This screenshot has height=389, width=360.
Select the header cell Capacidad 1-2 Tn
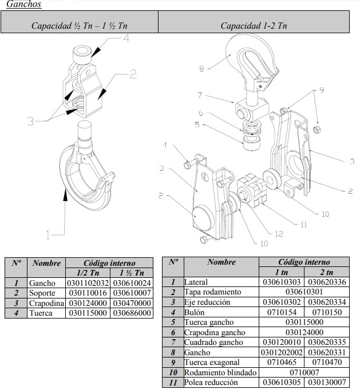click(254, 26)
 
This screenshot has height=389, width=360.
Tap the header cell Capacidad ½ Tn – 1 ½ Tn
click(80, 26)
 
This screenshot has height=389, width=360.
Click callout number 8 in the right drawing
click(201, 69)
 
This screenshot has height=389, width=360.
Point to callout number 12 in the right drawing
click(279, 233)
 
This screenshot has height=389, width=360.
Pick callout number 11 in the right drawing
click(303, 225)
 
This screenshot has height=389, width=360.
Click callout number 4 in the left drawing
click(126, 40)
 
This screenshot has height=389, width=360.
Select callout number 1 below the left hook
click(48, 234)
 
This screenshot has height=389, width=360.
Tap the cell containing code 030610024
click(132, 283)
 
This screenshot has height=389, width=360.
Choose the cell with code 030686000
click(132, 313)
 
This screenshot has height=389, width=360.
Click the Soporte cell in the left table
click(42, 293)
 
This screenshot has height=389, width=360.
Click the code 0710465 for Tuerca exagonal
click(281, 363)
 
